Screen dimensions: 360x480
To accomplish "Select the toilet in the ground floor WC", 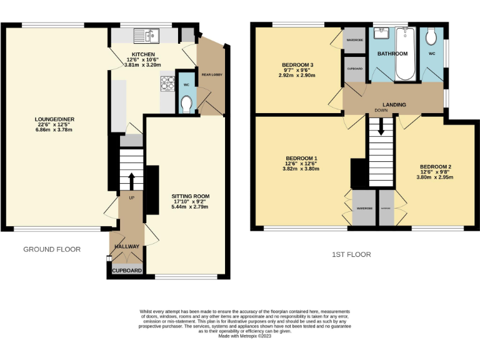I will click(x=186, y=104).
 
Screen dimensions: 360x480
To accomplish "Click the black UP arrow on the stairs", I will click(x=131, y=181).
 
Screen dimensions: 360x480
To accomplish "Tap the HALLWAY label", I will click(x=127, y=247).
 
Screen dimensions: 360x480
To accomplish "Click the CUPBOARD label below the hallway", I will click(x=127, y=271).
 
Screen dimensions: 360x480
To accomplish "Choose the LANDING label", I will click(x=394, y=104).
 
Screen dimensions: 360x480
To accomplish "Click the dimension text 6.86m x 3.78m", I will click(x=54, y=130).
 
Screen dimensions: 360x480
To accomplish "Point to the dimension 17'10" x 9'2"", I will click(x=189, y=201).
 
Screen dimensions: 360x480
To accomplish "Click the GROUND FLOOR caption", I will click(x=52, y=249).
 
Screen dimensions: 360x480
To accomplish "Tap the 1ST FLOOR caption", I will click(x=351, y=254).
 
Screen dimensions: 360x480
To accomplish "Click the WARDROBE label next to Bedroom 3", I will click(x=354, y=40).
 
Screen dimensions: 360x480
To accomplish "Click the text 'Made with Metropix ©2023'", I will click(x=244, y=336).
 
